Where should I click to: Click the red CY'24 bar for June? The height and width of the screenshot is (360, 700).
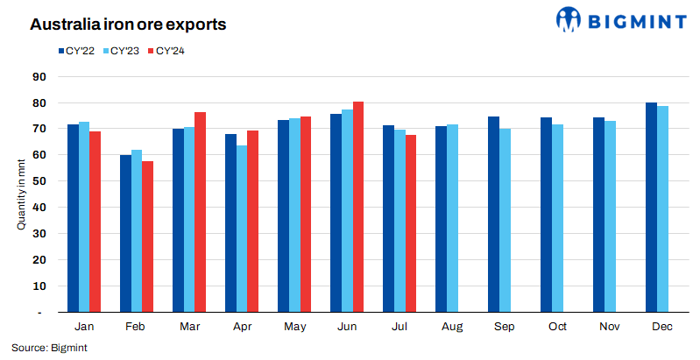(x=358, y=207)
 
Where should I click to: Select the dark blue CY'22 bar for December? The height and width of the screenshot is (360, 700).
(x=651, y=208)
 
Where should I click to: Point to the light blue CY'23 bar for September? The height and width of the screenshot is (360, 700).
(x=505, y=220)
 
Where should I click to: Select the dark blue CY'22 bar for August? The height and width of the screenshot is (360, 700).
(x=441, y=219)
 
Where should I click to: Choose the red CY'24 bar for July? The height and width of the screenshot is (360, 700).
(x=411, y=223)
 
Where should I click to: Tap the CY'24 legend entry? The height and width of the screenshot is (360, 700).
(x=170, y=50)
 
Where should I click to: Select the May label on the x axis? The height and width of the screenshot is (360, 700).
(x=294, y=326)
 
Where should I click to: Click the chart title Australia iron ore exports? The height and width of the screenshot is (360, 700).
(x=129, y=25)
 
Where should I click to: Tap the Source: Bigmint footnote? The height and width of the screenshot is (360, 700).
(x=49, y=348)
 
